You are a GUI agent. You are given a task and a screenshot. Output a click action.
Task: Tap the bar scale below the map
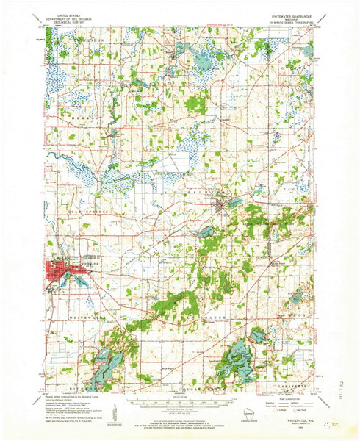click(180, 403)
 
